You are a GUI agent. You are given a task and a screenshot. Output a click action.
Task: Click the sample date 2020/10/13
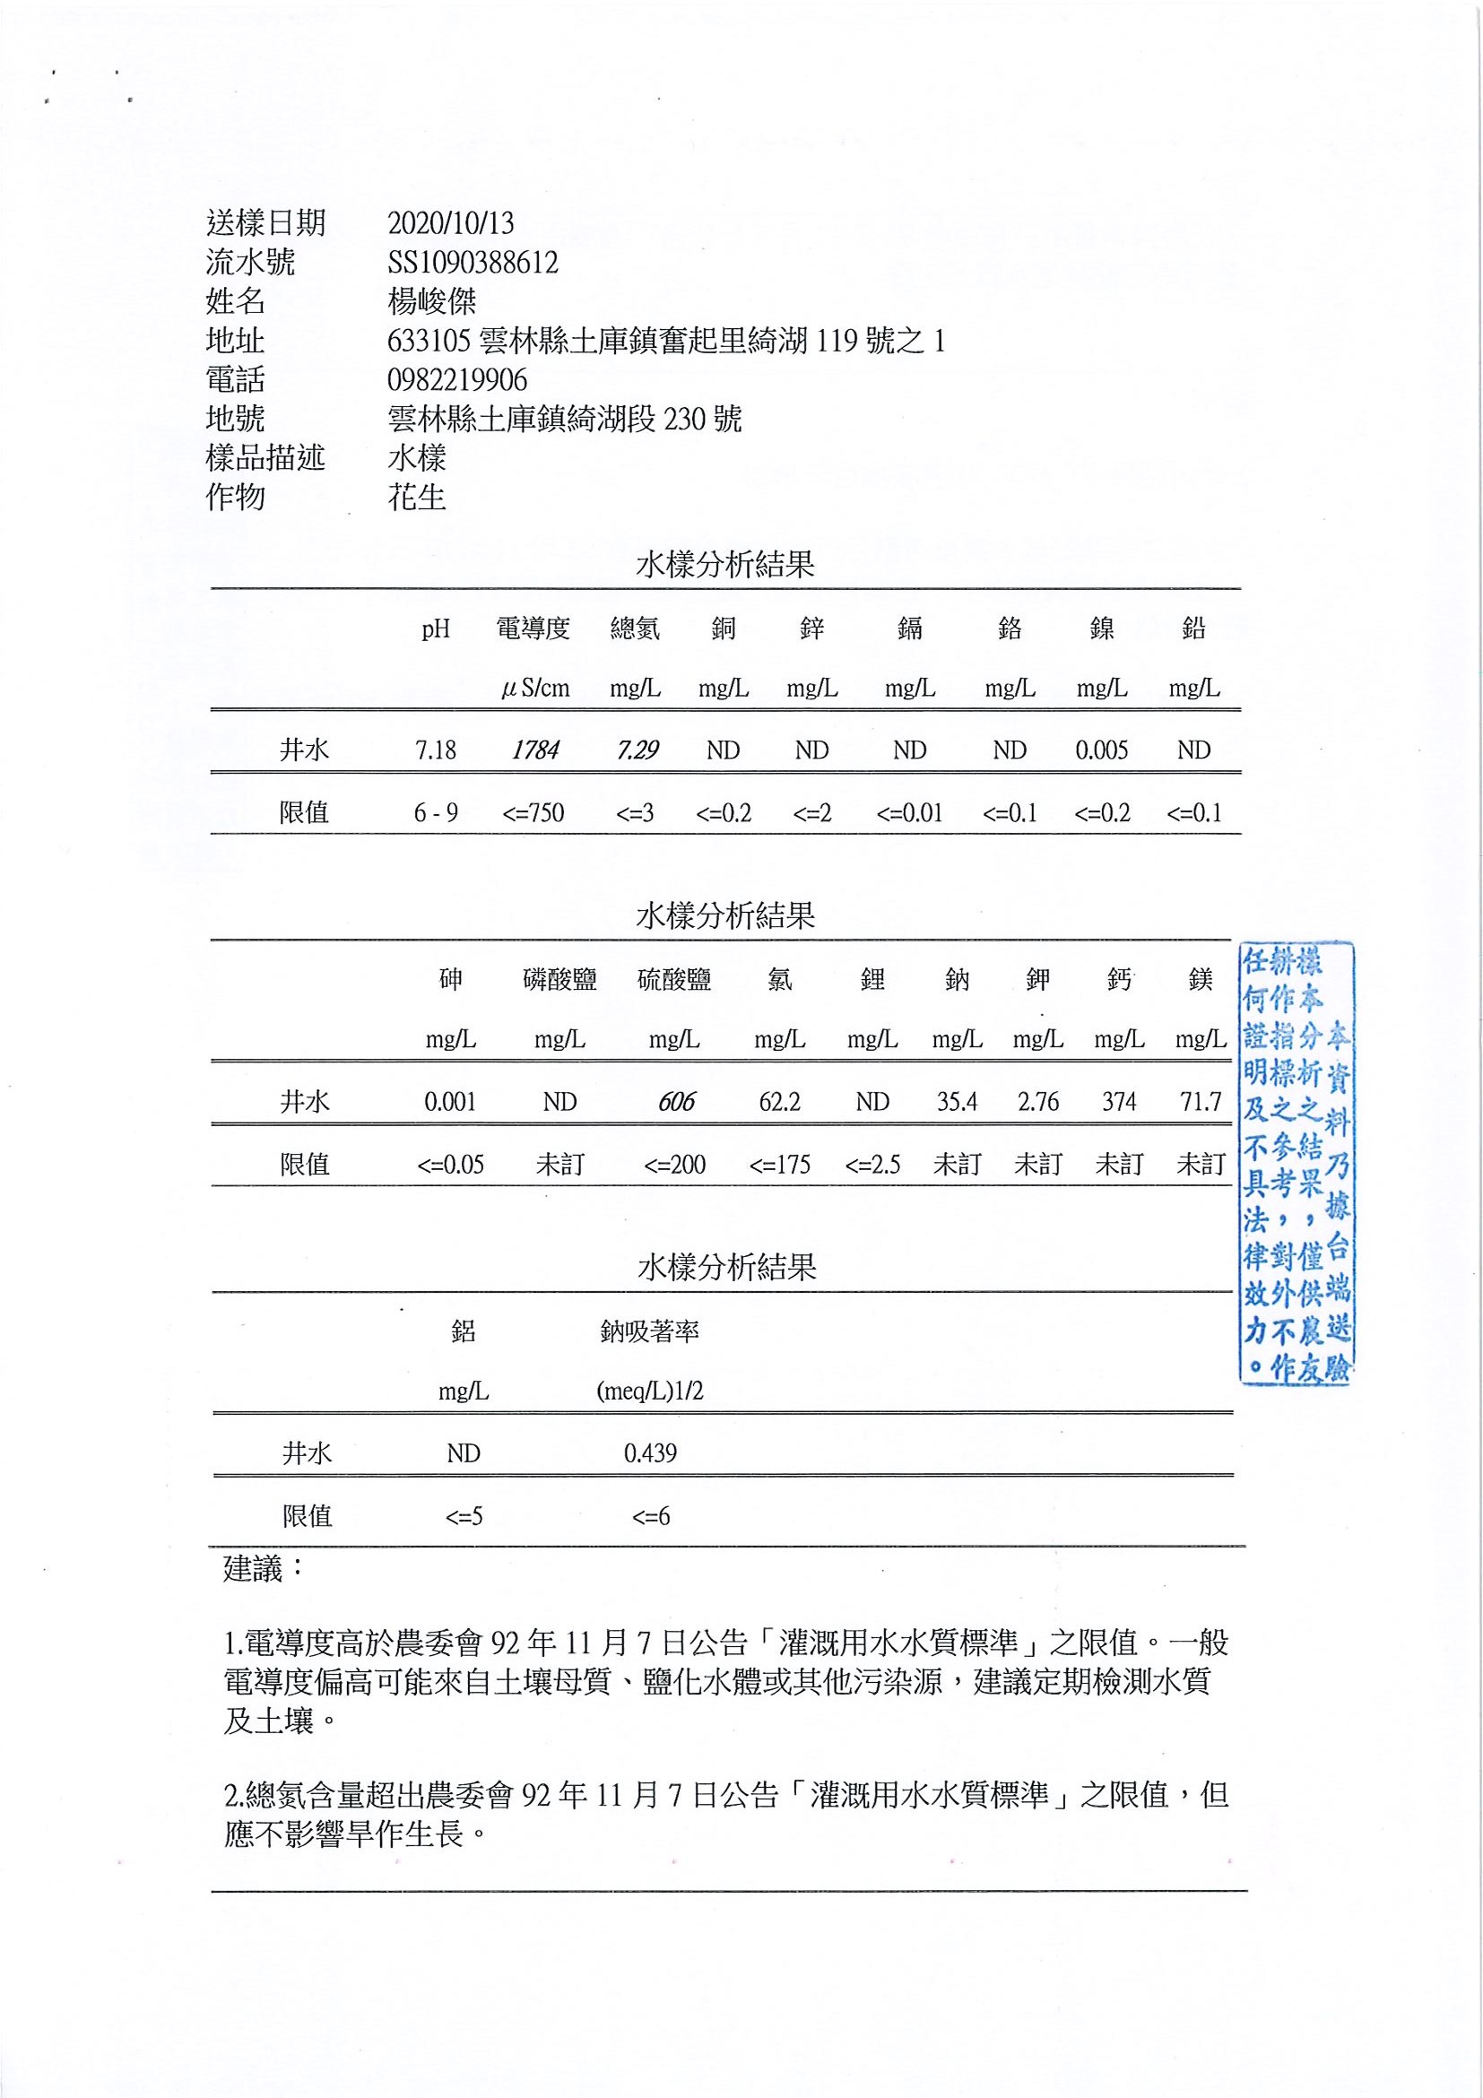(450, 223)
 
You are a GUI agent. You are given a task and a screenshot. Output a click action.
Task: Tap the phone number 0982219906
(457, 379)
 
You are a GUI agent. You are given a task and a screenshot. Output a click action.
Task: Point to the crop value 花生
(417, 497)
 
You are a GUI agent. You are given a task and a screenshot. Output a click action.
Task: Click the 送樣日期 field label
(265, 223)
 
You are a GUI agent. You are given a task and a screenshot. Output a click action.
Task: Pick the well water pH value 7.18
(435, 750)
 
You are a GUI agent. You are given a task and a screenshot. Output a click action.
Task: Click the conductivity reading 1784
(535, 750)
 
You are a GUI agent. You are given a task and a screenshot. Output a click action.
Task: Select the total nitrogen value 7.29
(637, 750)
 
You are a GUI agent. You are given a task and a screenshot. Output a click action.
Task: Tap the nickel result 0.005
(1101, 750)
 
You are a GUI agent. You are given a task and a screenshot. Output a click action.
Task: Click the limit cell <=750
(533, 812)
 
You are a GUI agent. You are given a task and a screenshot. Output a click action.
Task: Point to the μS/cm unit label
(535, 688)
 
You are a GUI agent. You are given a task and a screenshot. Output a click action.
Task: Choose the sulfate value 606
(676, 1102)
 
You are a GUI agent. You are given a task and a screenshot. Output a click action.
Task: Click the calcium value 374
(1118, 1102)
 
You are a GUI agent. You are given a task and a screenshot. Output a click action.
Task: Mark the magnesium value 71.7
(1200, 1102)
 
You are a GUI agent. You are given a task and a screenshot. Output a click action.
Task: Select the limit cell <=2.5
(872, 1164)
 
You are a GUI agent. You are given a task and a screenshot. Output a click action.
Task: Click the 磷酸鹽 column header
(559, 980)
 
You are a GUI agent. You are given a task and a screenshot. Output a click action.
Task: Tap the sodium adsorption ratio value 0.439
(650, 1452)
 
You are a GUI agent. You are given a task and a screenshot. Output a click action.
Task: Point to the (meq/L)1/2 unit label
(650, 1391)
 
